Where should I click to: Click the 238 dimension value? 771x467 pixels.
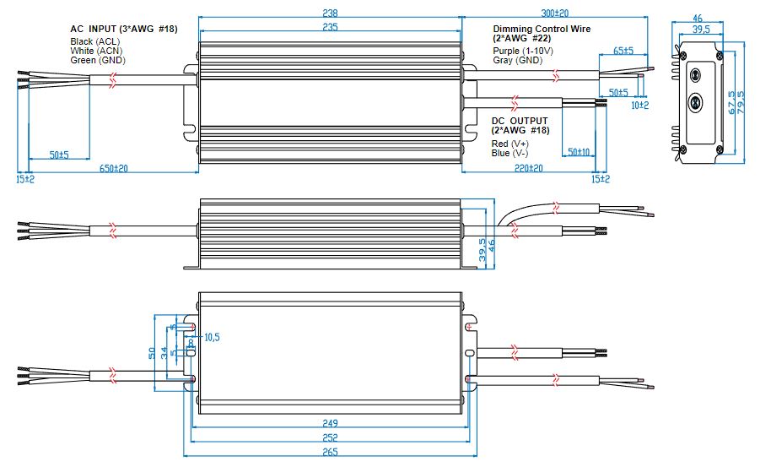click(x=330, y=13)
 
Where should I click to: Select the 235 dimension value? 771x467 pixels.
click(x=330, y=27)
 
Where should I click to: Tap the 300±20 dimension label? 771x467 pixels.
click(x=553, y=13)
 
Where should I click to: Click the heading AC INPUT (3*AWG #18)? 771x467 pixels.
click(x=124, y=29)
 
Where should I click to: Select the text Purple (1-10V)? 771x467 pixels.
click(x=523, y=51)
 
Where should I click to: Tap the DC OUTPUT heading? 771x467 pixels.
click(x=520, y=121)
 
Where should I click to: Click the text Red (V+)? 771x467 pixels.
click(x=510, y=144)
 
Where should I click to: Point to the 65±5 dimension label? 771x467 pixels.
click(x=623, y=51)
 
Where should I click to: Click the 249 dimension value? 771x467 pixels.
click(x=330, y=423)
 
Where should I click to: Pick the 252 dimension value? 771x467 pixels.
click(x=330, y=437)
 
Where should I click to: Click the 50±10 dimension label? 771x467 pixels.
click(x=579, y=152)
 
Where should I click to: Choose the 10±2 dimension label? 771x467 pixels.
click(x=640, y=104)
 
